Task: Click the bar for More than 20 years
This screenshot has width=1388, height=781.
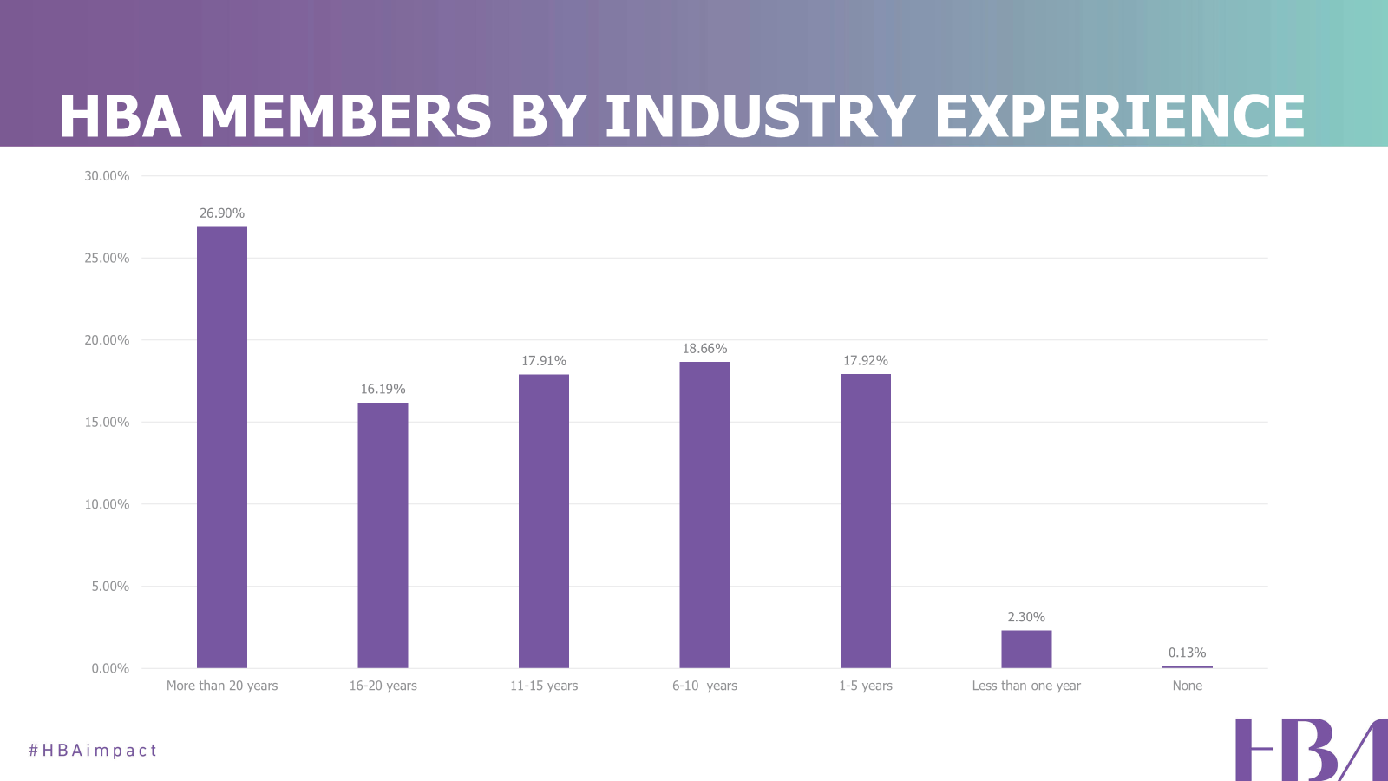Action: coord(222,447)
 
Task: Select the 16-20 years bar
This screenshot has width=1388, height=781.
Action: coord(383,535)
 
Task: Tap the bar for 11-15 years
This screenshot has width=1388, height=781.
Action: coord(544,521)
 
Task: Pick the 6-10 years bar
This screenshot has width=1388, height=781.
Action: coord(704,515)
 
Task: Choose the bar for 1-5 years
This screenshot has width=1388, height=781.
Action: coord(866,521)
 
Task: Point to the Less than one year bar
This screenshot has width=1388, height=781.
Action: coord(1026,649)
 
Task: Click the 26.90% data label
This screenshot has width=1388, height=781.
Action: coord(222,213)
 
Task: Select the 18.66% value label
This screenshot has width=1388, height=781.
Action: coord(704,349)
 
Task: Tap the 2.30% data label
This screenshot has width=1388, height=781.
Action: coord(1026,617)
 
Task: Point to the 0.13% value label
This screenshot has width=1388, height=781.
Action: coord(1187,653)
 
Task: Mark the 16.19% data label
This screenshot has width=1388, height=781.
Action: coord(383,389)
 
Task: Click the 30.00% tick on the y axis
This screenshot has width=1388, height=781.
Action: coord(107,176)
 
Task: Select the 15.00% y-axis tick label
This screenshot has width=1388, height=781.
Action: coord(107,423)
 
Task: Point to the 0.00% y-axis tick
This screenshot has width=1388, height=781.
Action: coord(110,668)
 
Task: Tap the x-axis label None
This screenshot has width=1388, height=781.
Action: coord(1187,686)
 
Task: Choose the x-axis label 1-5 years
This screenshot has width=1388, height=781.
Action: coord(866,686)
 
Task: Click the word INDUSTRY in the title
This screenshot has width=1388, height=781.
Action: coord(760,117)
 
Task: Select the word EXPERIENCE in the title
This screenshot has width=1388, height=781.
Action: coord(1119,117)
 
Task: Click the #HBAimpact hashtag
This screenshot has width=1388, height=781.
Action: coord(93,751)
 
